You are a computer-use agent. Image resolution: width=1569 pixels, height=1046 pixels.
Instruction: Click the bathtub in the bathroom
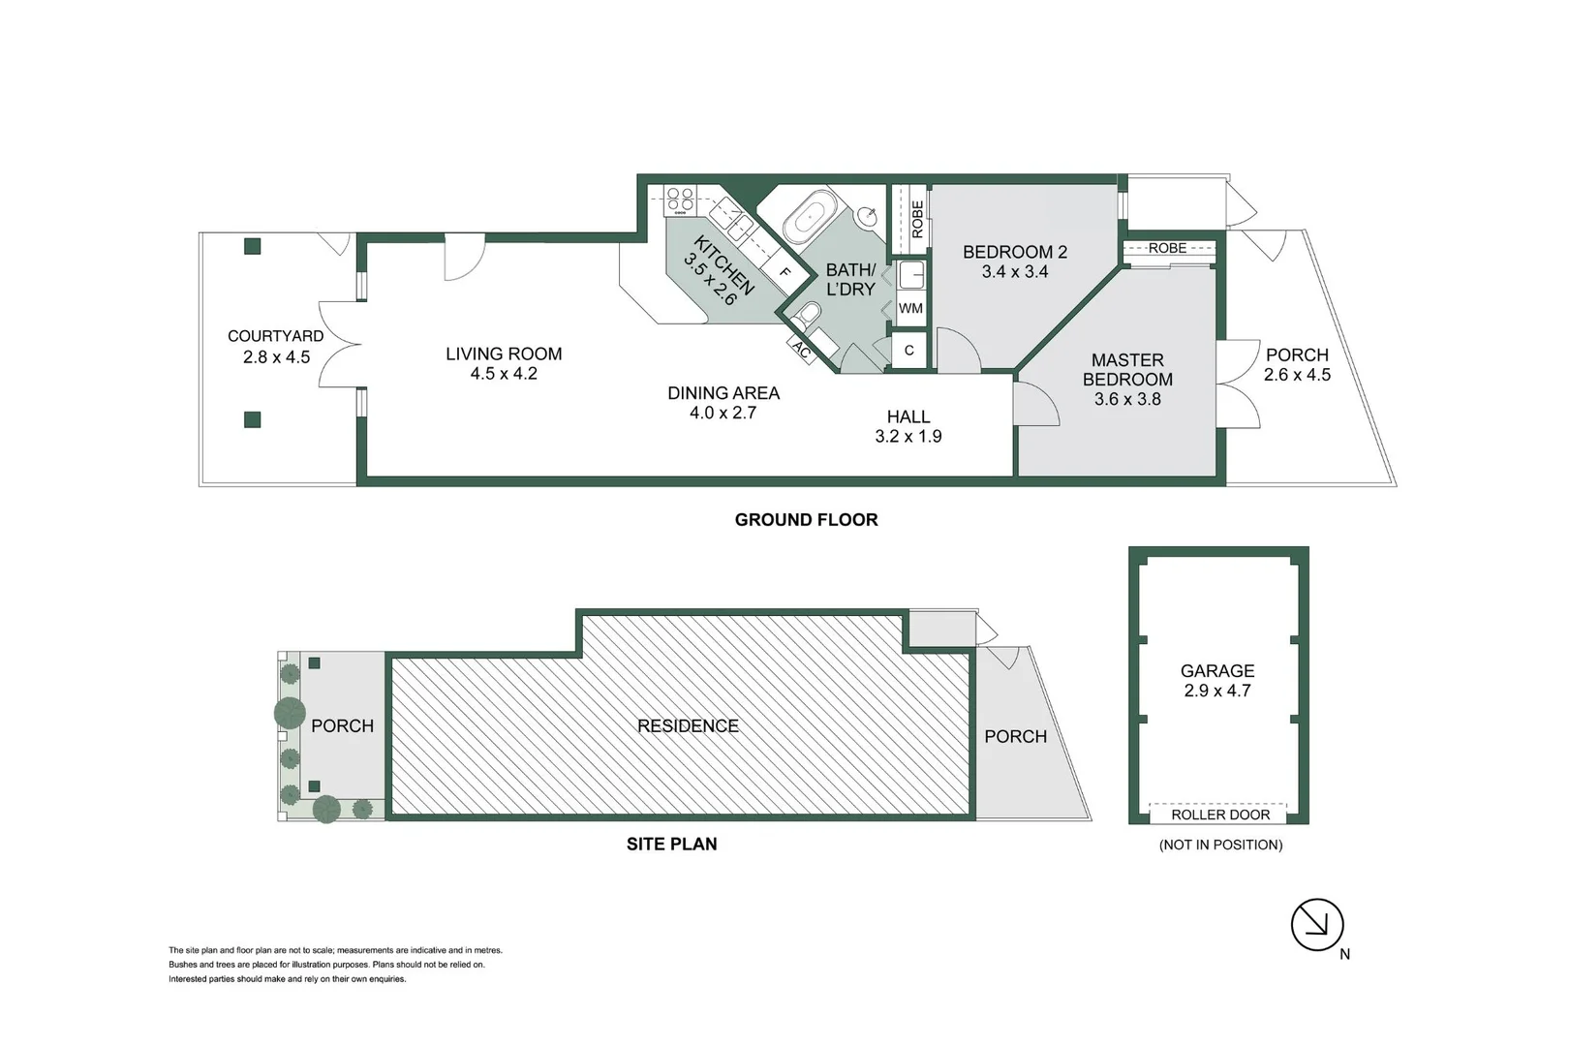pos(809,217)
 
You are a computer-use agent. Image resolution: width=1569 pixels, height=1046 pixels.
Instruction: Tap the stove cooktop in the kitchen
pos(680,200)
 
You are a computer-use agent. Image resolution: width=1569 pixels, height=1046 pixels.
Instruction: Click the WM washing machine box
pos(910,309)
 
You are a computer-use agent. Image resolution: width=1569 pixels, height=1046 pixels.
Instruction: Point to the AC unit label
pos(802,351)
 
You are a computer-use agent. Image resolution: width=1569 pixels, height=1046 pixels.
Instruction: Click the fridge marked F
pos(785,273)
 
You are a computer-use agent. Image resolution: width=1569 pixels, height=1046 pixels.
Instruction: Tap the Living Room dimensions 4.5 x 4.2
pos(504,374)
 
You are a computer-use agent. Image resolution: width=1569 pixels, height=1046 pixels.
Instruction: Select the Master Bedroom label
pos(1127,370)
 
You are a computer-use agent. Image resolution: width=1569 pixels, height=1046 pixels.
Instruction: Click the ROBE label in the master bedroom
pos(1167,248)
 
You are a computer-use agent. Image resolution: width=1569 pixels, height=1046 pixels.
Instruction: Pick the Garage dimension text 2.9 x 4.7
pos(1217,691)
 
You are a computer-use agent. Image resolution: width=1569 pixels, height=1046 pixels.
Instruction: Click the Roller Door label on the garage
pos(1219,815)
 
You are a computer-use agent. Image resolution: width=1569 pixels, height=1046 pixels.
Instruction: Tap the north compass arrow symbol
pos(1317,925)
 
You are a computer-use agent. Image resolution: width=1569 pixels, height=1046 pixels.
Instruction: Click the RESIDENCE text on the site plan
pos(688,725)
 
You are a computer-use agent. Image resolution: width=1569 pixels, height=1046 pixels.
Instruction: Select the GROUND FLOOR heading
pos(806,520)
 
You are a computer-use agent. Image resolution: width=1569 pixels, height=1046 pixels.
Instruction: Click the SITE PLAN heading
pos(671,845)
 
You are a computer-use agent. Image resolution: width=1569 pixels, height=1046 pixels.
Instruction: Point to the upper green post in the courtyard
pos(253,246)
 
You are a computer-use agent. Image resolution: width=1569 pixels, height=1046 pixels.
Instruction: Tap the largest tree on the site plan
pos(290,713)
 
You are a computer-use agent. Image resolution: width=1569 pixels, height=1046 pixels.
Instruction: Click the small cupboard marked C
pos(908,351)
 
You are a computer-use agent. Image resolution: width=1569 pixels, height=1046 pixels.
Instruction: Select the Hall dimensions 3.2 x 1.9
pos(908,437)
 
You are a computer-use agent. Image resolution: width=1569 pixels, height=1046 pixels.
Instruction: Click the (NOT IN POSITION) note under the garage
pos(1220,846)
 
